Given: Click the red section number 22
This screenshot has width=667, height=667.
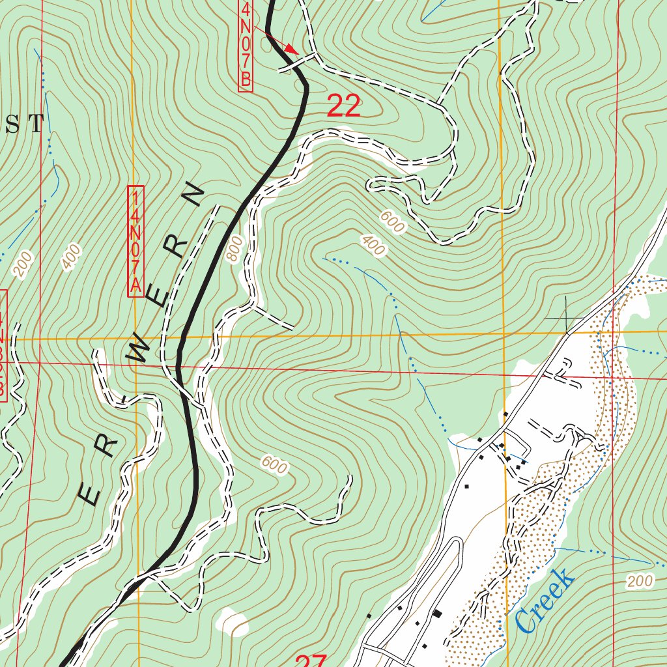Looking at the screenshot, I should tap(343, 106).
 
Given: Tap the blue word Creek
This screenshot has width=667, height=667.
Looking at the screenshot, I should tap(545, 600).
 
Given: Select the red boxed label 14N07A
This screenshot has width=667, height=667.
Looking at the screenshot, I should tap(135, 242).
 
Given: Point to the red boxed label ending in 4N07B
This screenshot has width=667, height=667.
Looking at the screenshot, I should tap(246, 46).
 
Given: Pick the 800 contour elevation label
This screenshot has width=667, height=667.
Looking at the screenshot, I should tap(235, 249).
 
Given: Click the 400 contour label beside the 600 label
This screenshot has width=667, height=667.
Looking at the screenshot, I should tap(372, 245).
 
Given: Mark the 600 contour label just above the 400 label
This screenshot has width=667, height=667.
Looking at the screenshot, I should tap(393, 223).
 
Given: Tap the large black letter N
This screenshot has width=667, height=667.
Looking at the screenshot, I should tap(193, 193).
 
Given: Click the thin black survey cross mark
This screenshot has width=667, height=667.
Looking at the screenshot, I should tap(566, 317).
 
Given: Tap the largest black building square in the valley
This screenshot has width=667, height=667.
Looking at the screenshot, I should tap(437, 614).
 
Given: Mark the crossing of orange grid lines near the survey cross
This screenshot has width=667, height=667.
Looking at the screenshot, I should tap(504, 335).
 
